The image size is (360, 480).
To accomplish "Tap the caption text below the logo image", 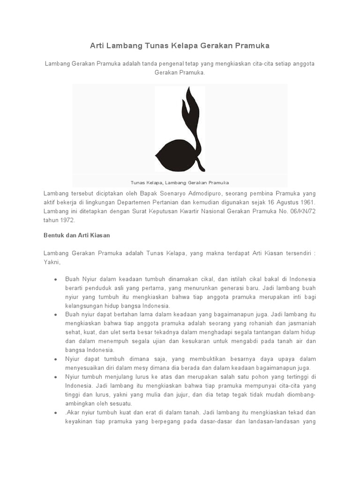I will point(180,182).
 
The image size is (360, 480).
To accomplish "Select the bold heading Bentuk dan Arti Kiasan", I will point(76,235).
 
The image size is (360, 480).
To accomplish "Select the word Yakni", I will point(52,262).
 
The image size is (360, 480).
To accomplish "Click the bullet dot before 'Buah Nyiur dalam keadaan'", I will point(55,279).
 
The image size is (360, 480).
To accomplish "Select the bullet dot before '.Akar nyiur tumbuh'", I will point(55,413).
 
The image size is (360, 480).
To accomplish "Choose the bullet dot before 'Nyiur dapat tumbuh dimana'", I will point(55,359).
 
